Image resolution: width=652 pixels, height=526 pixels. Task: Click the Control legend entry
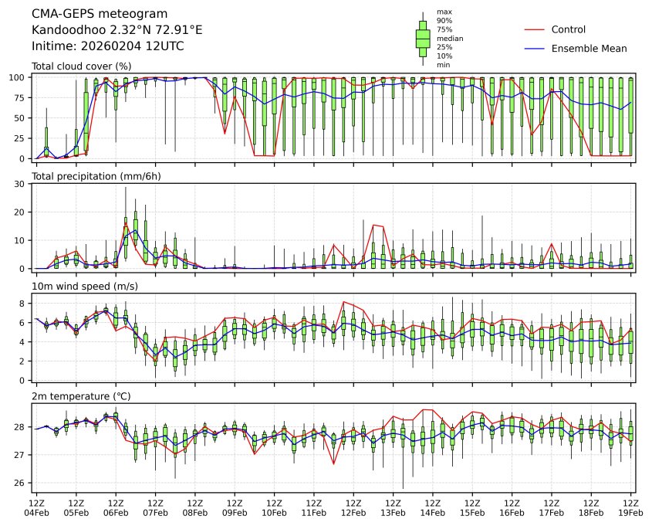pos(568,30)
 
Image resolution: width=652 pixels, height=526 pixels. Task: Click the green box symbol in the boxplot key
pos(423,38)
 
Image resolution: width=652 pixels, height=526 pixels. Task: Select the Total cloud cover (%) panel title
pos(81,66)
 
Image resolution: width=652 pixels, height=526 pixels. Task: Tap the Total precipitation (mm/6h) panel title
pos(96,177)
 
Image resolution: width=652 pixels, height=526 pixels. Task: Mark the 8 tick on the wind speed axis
pos(25,304)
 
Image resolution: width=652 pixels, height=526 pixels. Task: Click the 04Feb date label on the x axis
pos(36,513)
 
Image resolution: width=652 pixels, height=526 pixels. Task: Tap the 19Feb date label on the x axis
pos(631,513)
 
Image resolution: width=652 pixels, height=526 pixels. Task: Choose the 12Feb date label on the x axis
pos(353,513)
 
